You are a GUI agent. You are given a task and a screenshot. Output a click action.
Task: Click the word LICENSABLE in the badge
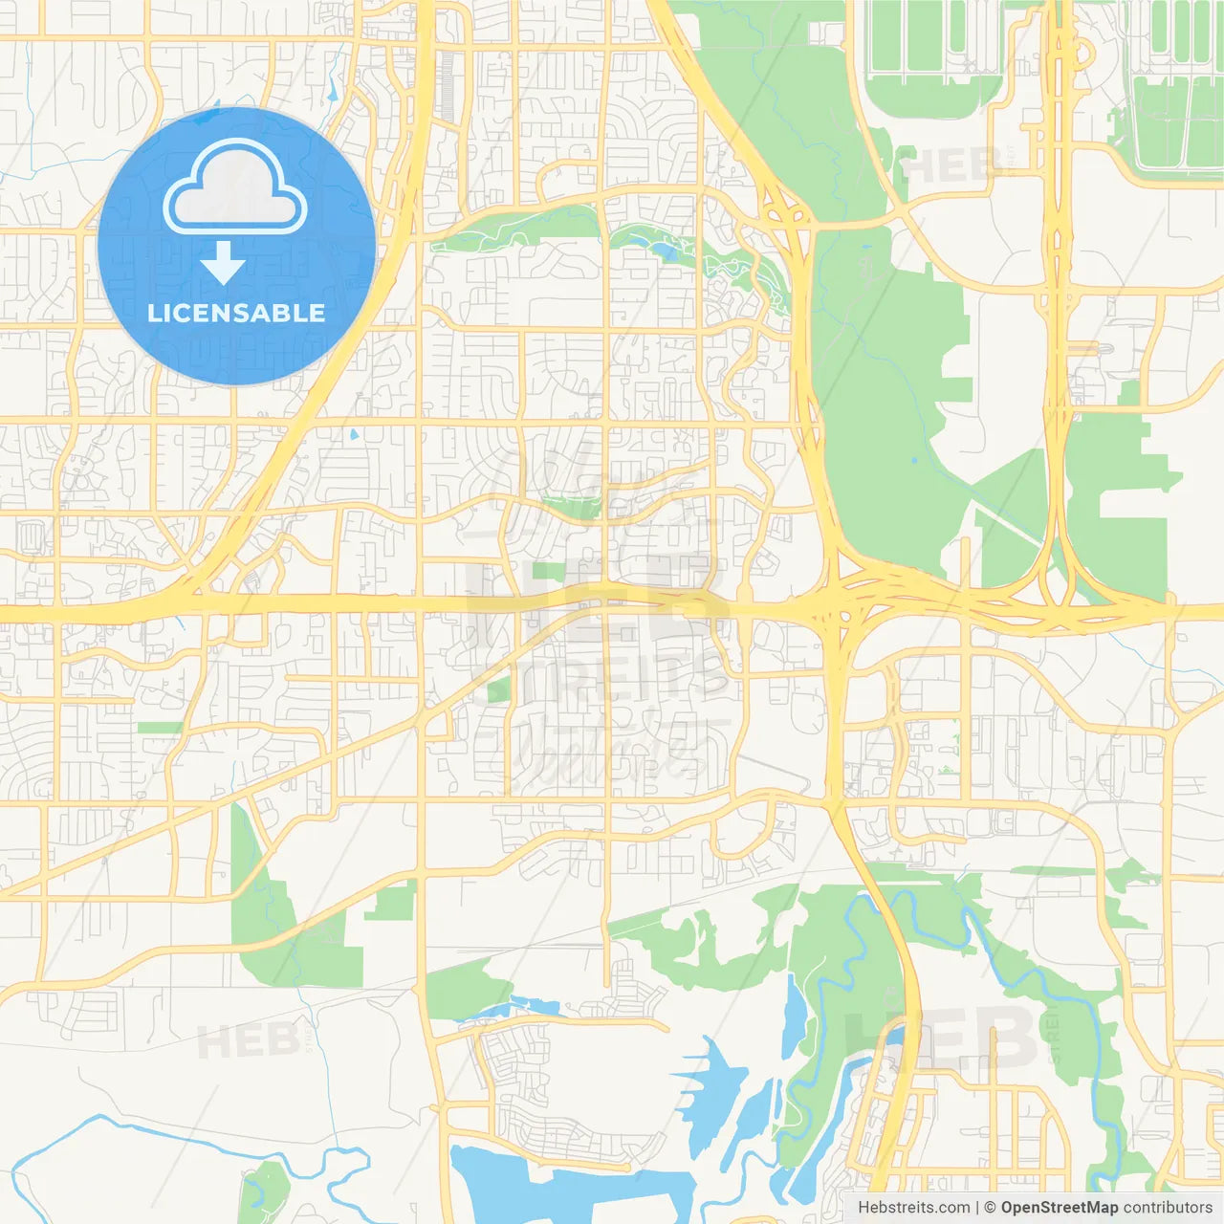pos(236,314)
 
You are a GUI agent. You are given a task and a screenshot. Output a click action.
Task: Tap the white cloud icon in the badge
pos(235,189)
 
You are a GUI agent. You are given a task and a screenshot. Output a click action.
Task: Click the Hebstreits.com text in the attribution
pos(913,1208)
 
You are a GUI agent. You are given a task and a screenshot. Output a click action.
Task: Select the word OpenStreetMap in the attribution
pos(1060,1208)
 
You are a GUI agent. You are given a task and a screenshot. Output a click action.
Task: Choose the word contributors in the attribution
pos(1168,1208)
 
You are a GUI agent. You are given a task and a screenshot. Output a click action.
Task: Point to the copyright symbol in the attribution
pos(991,1208)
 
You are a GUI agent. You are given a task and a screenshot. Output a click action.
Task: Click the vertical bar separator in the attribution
pos(977,1208)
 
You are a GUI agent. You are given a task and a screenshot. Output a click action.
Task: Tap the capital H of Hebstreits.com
pos(863,1208)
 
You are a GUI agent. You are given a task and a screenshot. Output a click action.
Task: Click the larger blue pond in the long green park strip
pos(663,251)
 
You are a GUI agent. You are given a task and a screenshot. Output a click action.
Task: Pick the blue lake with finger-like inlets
pos(712,1090)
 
